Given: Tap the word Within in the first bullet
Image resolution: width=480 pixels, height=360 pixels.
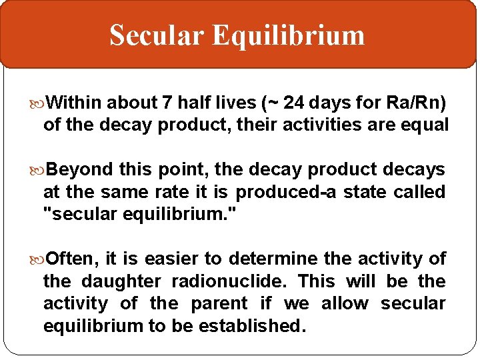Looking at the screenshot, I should pyautogui.click(x=75, y=103).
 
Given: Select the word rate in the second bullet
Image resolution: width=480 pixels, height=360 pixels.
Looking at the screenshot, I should pyautogui.click(x=169, y=192).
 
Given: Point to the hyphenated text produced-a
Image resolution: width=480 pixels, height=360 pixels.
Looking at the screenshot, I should pyautogui.click(x=287, y=192).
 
